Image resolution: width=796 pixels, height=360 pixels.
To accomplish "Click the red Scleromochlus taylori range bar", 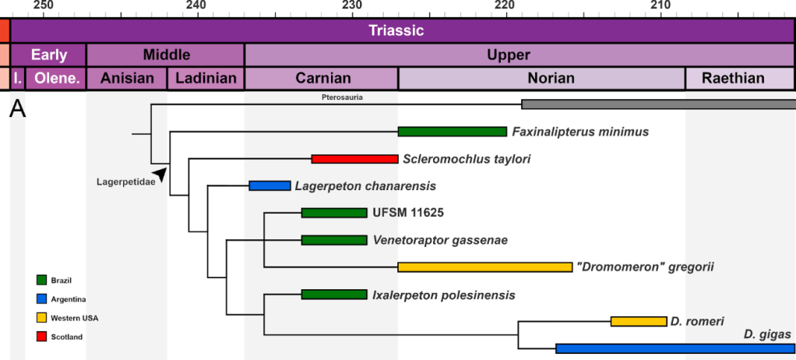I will pyautogui.click(x=354, y=159).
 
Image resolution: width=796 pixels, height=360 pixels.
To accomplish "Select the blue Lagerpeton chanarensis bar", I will pyautogui.click(x=269, y=185).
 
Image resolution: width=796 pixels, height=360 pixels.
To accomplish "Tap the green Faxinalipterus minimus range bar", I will pyautogui.click(x=452, y=132).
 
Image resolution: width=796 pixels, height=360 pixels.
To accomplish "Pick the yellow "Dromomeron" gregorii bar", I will pyautogui.click(x=484, y=267).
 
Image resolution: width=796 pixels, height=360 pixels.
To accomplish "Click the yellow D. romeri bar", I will pyautogui.click(x=638, y=321).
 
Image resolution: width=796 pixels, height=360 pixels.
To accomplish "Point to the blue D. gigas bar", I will pyautogui.click(x=674, y=348).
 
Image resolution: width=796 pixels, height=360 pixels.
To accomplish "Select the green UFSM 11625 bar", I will pyautogui.click(x=333, y=213).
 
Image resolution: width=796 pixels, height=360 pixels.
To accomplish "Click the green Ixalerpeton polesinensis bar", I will pyautogui.click(x=333, y=295).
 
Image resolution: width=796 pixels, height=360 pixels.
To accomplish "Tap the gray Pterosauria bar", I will pyautogui.click(x=658, y=104).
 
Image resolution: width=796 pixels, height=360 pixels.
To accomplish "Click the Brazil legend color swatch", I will pyautogui.click(x=41, y=280).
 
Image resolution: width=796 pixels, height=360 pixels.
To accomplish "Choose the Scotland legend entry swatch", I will pyautogui.click(x=41, y=337).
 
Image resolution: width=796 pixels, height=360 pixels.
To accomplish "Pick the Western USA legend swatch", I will pyautogui.click(x=41, y=318).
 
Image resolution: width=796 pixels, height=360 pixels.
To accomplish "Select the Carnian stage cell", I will pyautogui.click(x=321, y=79).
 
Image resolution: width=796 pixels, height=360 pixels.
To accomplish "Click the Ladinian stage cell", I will pyautogui.click(x=206, y=79).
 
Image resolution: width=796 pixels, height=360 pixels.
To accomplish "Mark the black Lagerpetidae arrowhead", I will pyautogui.click(x=160, y=175).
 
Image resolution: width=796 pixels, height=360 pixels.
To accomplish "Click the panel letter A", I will pyautogui.click(x=17, y=111).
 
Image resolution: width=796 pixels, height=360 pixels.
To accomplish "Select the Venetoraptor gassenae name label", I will pyautogui.click(x=440, y=240).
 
